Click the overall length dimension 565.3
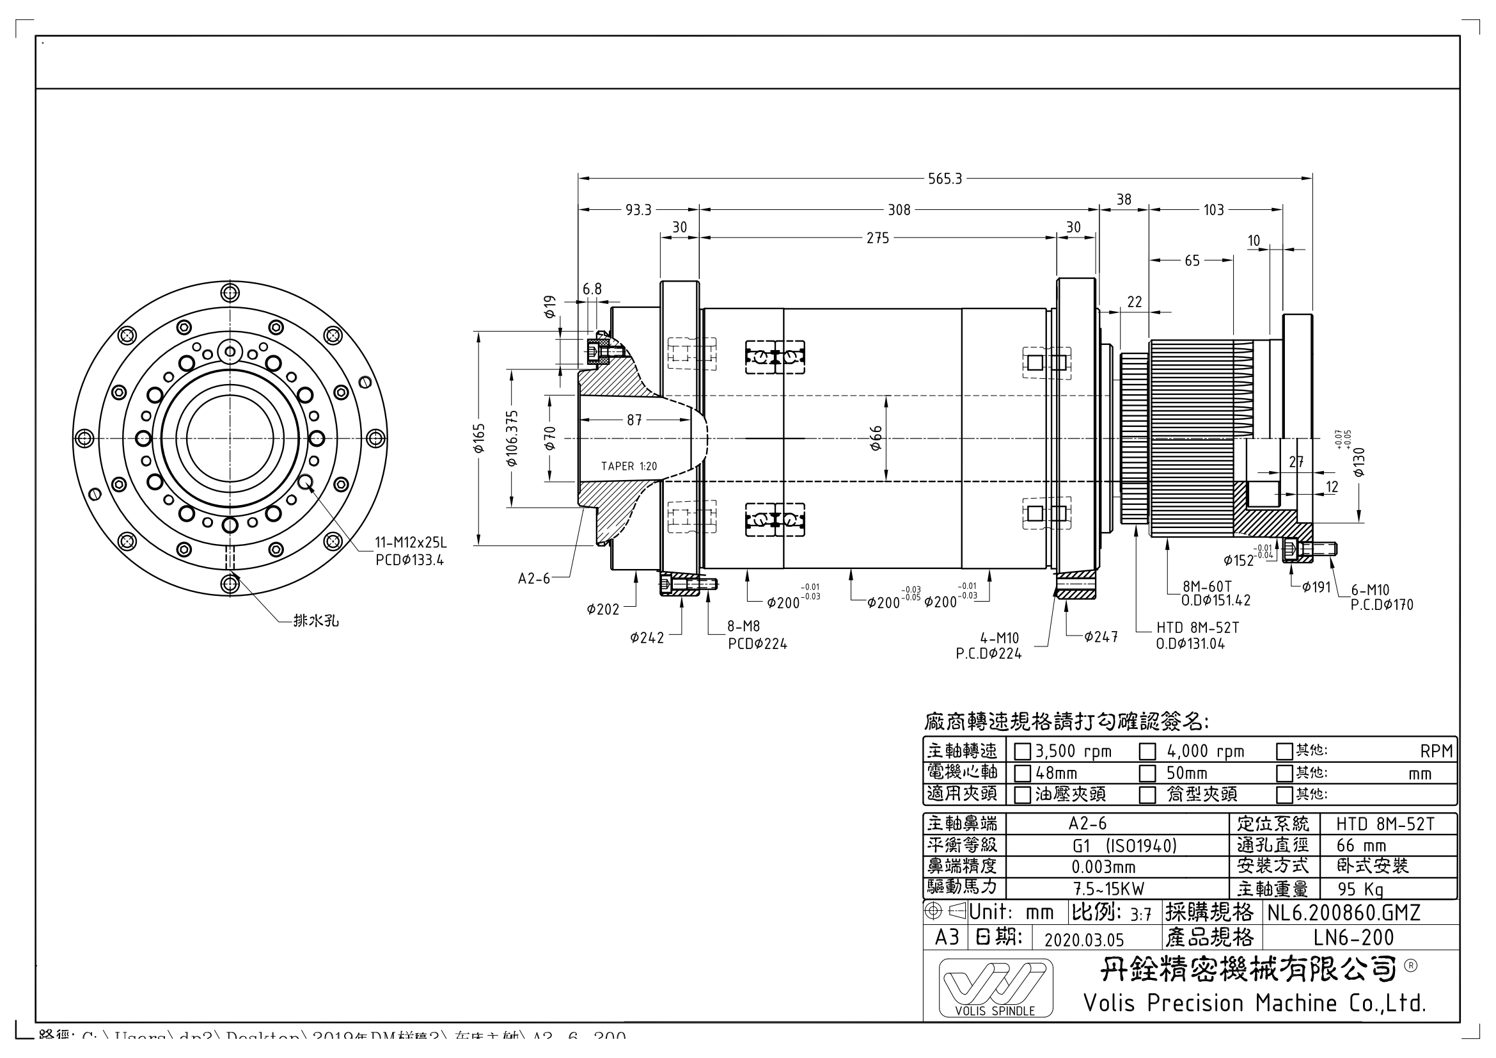pyautogui.click(x=945, y=179)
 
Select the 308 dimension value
pyautogui.click(x=899, y=210)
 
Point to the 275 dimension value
pyautogui.click(x=878, y=239)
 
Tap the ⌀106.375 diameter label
pyautogui.click(x=512, y=438)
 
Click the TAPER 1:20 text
pyautogui.click(x=629, y=466)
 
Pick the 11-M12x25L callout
pyautogui.click(x=411, y=542)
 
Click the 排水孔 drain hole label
pyautogui.click(x=316, y=621)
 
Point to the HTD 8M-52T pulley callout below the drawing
pyautogui.click(x=1197, y=627)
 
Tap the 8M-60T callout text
pyautogui.click(x=1208, y=586)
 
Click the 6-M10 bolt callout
pyautogui.click(x=1369, y=591)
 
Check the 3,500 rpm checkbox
pyautogui.click(x=1022, y=751)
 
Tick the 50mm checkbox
pyautogui.click(x=1147, y=774)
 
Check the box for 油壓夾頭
pyautogui.click(x=1022, y=796)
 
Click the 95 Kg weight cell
pyautogui.click(x=1360, y=889)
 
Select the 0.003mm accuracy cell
pyautogui.click(x=1103, y=867)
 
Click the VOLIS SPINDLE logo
pyautogui.click(x=995, y=988)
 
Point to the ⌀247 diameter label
pyautogui.click(x=1101, y=637)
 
